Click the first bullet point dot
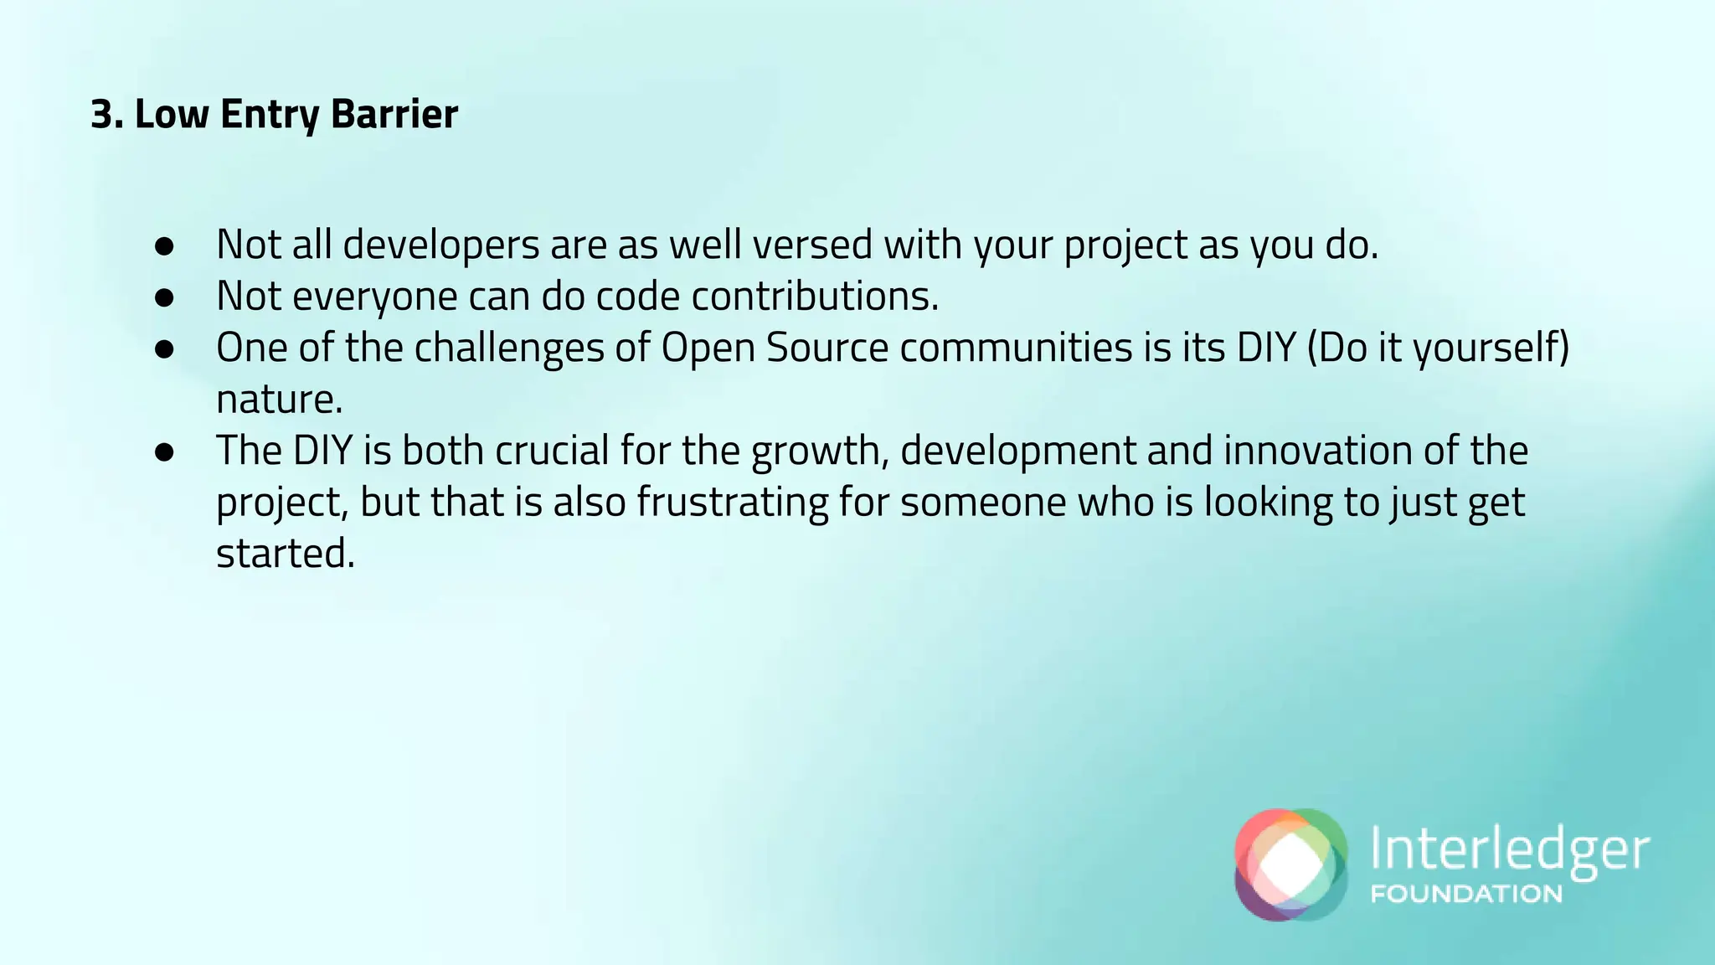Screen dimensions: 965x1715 coord(164,245)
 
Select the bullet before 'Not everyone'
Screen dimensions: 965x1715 coord(164,297)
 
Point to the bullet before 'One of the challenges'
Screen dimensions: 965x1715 coord(164,348)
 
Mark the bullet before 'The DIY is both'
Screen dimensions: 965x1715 coord(164,452)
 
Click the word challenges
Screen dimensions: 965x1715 coord(508,348)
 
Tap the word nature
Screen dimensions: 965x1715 coord(278,400)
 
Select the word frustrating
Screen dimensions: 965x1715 coord(733,503)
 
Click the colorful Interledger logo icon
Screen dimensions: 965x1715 coord(1290,864)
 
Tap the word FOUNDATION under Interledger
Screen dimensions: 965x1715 coord(1465,894)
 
